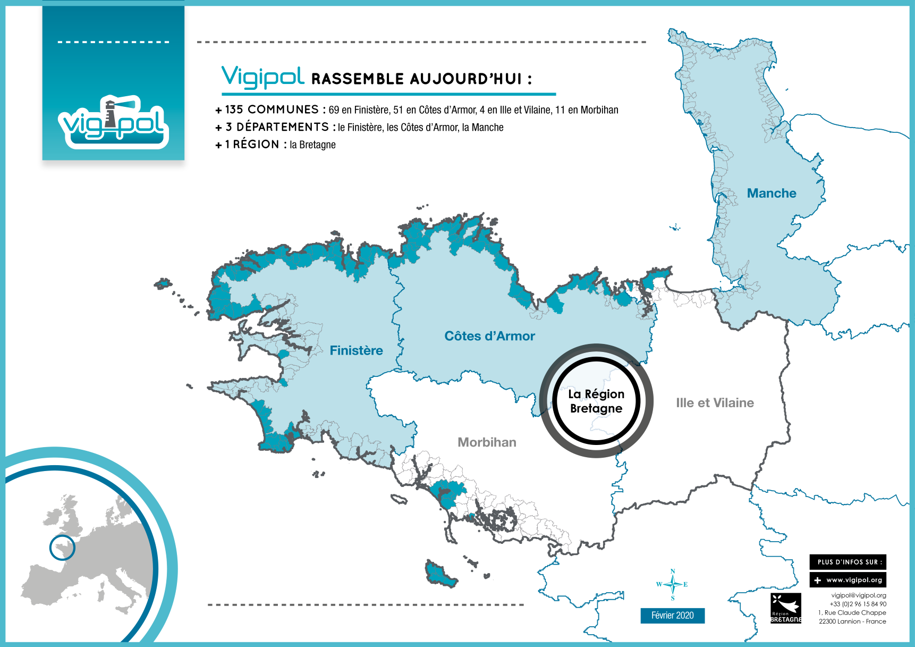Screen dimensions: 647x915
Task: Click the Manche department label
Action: click(x=772, y=194)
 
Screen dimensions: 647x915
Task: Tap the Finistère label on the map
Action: click(x=356, y=351)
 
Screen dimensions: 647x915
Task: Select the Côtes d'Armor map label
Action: click(x=489, y=337)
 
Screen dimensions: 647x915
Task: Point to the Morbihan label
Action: click(x=487, y=442)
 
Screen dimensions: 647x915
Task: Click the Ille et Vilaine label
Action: click(x=715, y=403)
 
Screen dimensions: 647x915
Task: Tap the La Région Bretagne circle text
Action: click(x=596, y=401)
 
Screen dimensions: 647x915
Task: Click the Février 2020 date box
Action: click(x=672, y=616)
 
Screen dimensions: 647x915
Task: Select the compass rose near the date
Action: click(x=673, y=584)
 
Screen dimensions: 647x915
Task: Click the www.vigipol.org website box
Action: click(x=848, y=580)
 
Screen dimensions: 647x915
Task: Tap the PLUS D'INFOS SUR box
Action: click(x=848, y=562)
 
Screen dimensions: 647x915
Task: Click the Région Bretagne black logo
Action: click(x=785, y=608)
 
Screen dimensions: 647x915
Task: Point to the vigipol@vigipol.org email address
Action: click(x=858, y=595)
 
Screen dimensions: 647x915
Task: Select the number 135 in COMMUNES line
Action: click(x=234, y=110)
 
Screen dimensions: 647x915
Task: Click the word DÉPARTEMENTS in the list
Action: click(x=283, y=127)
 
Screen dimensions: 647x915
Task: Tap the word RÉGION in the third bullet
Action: click(x=256, y=145)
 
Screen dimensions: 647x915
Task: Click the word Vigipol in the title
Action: click(x=263, y=77)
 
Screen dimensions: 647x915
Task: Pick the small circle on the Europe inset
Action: click(x=62, y=548)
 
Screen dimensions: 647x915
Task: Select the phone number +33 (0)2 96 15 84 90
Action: click(x=858, y=604)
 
